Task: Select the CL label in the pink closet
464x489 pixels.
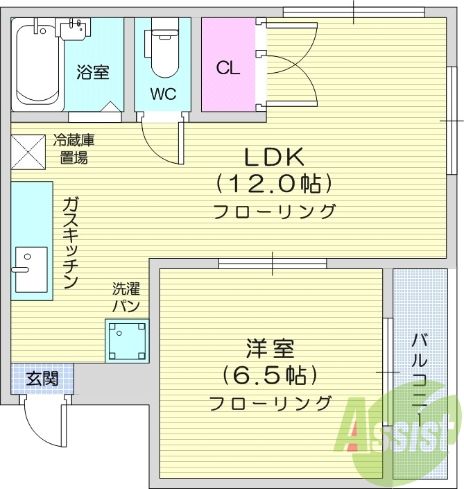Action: (227, 68)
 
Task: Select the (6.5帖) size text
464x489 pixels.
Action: (270, 375)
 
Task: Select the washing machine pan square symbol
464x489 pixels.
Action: (127, 341)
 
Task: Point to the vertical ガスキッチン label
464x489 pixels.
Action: (70, 242)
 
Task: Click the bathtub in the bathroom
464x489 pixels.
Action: (37, 65)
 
